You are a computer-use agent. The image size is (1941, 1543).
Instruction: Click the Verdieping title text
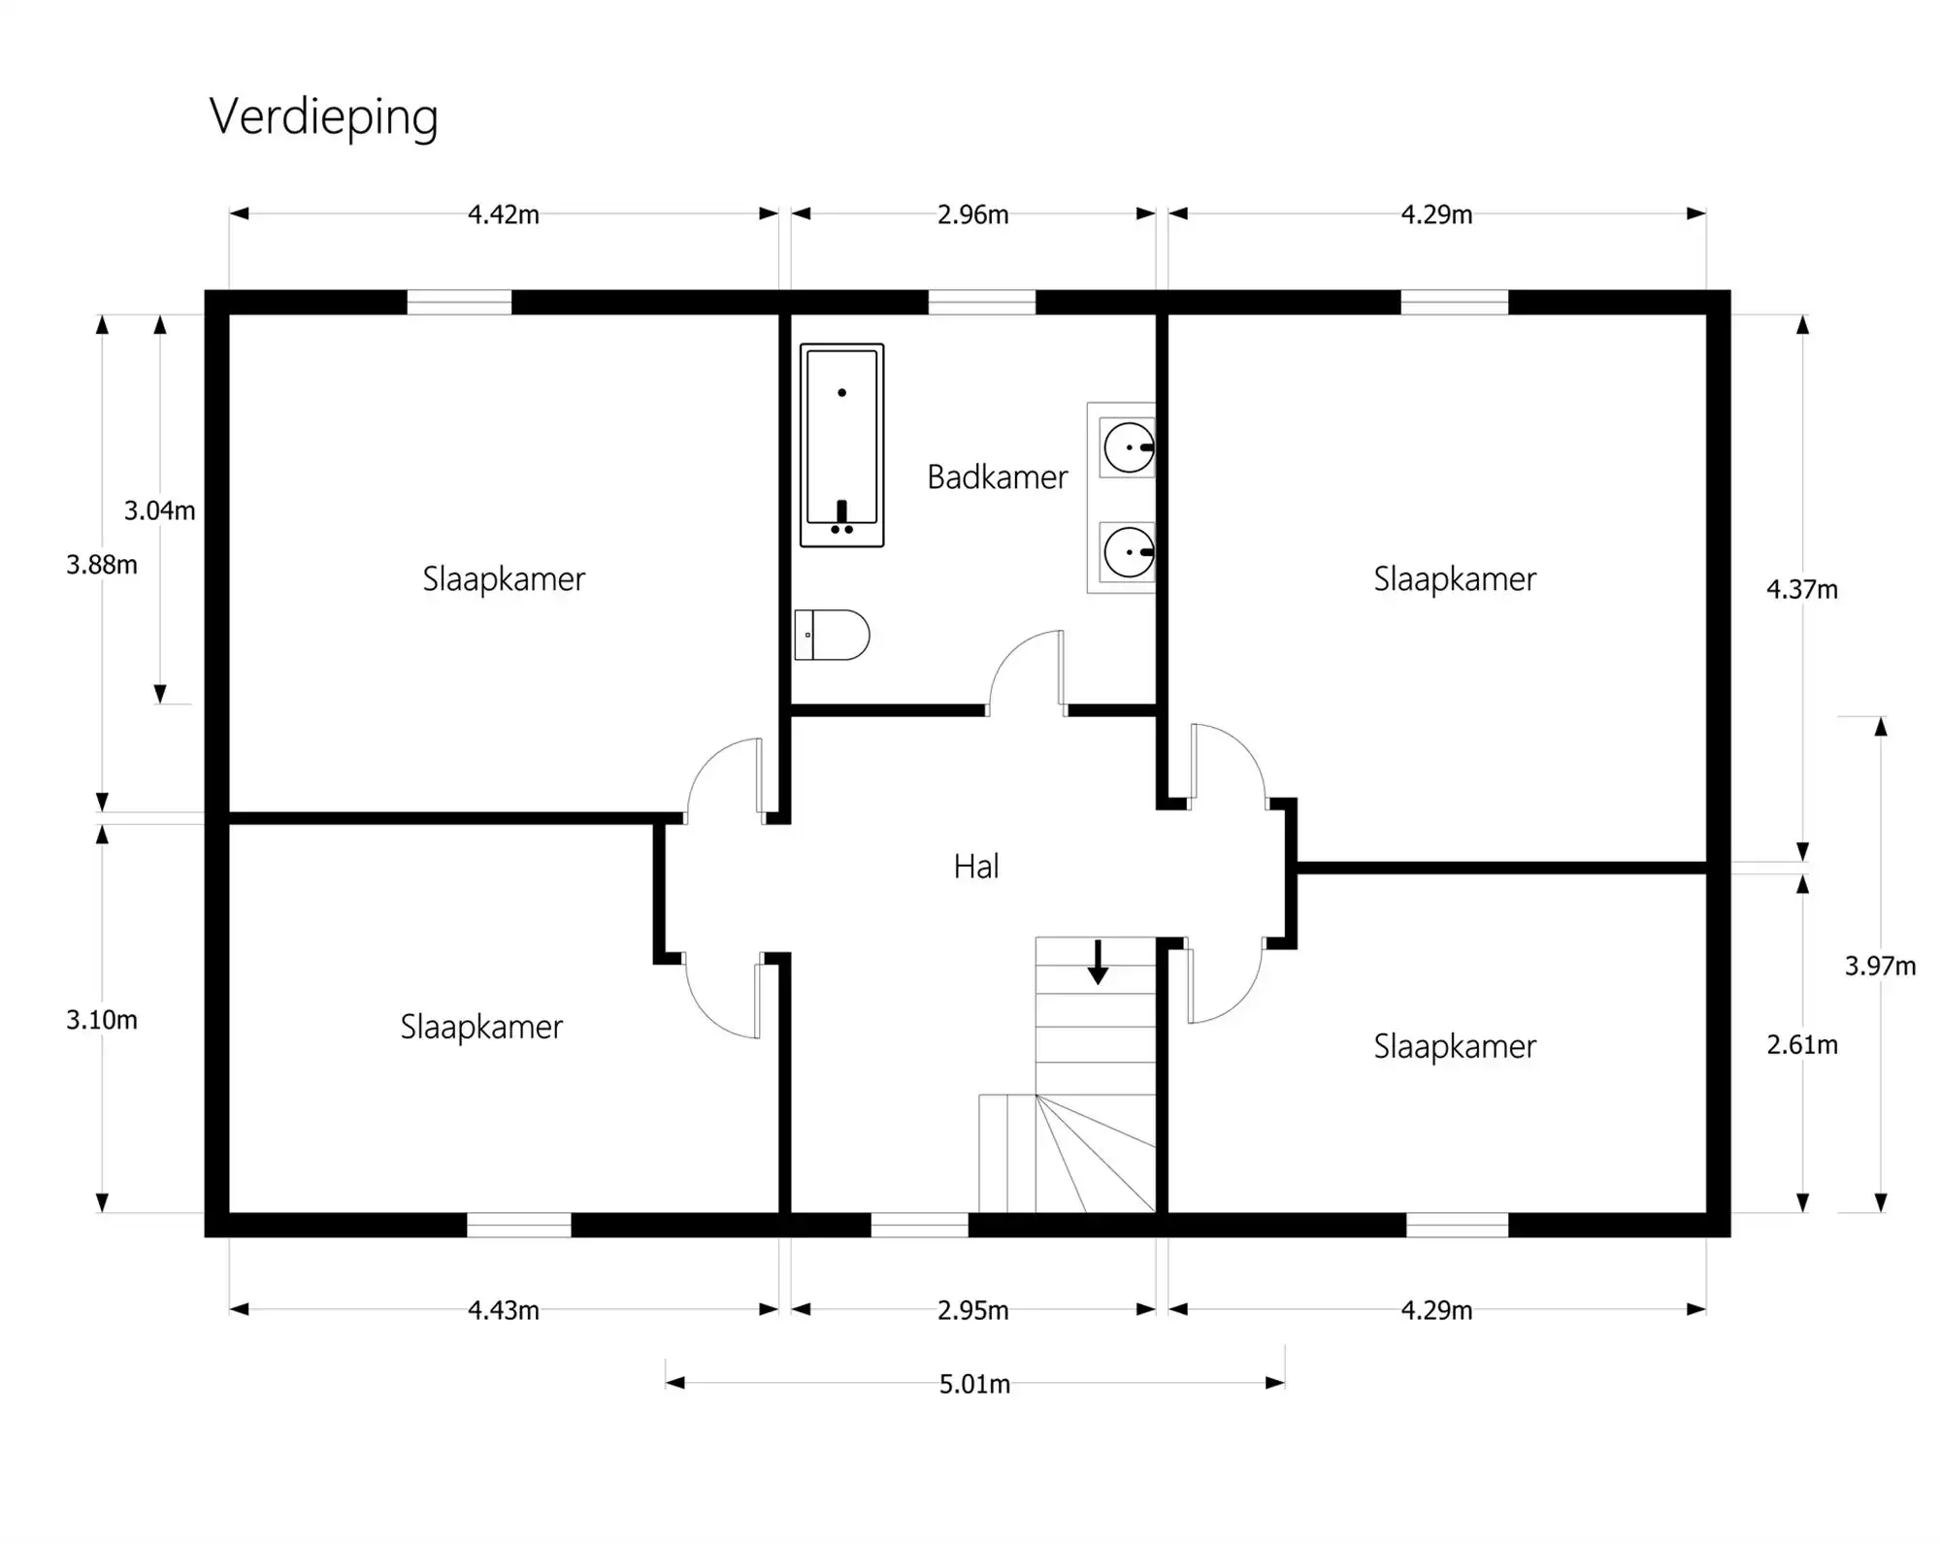[x=323, y=117]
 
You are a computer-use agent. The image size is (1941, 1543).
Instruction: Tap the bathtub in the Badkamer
[x=841, y=444]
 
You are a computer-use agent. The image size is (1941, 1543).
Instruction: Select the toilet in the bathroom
[x=832, y=635]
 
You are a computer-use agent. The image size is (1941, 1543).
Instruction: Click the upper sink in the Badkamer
[x=1128, y=448]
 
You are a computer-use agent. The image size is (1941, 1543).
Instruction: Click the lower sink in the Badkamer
[x=1128, y=553]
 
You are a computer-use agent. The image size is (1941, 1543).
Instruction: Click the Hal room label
[x=975, y=867]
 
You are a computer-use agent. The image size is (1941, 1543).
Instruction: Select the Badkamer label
[x=997, y=477]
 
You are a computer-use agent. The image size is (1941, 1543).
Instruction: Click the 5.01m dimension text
[x=974, y=1384]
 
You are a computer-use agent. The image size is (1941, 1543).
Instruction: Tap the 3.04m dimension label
[x=159, y=510]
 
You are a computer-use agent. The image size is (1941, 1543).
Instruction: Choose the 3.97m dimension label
[x=1880, y=966]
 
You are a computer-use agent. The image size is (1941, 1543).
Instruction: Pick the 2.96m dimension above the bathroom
[x=972, y=214]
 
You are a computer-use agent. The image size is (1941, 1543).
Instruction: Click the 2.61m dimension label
[x=1801, y=1045]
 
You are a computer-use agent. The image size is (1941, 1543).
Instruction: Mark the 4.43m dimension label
[x=503, y=1311]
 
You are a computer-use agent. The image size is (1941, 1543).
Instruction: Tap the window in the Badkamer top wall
[x=981, y=302]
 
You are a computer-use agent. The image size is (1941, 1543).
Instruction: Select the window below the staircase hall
[x=919, y=1225]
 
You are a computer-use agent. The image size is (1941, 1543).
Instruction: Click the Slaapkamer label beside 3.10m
[x=481, y=1027]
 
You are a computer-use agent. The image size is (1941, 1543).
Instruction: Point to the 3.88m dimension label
[x=101, y=565]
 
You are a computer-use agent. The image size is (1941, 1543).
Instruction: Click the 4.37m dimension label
[x=1801, y=589]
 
